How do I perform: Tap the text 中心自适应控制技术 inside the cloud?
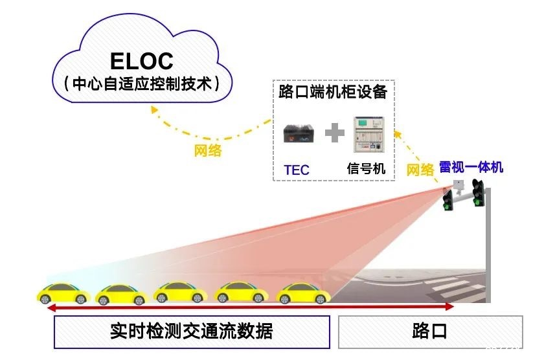point(141,84)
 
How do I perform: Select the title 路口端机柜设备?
point(333,91)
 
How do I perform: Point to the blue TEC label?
point(297,170)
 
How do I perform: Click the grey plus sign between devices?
point(334,134)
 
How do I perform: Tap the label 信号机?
point(367,169)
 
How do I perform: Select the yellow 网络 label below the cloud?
point(208,151)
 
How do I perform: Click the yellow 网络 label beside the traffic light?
point(420,170)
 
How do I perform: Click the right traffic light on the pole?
point(478,194)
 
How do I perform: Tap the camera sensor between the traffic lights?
point(459,186)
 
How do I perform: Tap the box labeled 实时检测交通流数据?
point(192,331)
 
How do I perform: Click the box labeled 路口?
point(430,331)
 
